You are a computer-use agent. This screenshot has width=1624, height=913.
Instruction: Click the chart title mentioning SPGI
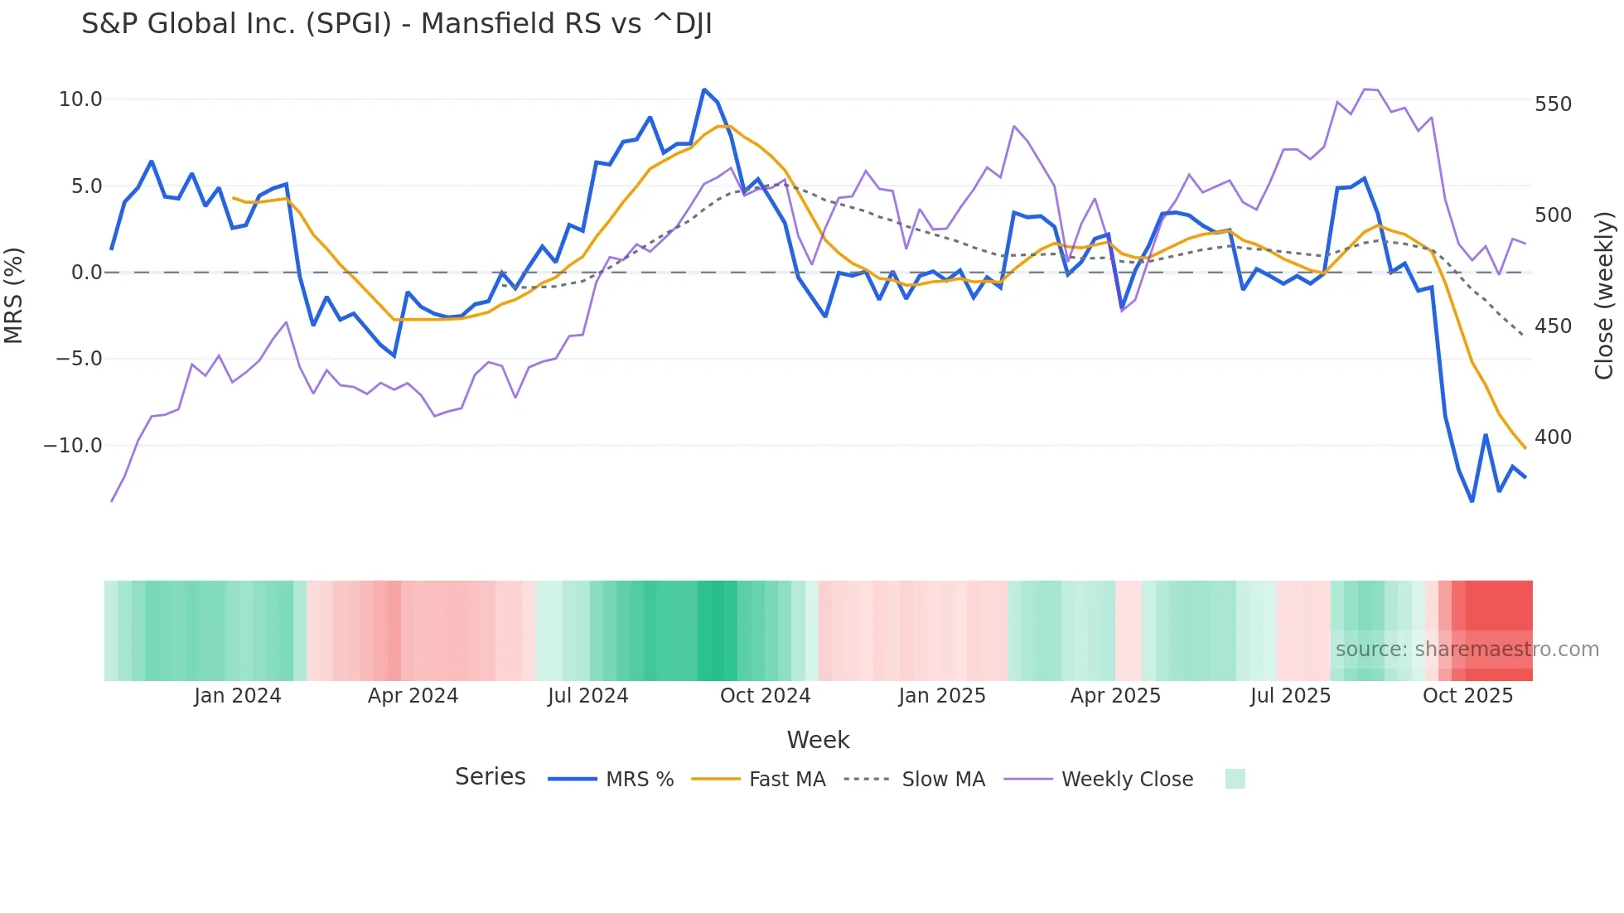396,24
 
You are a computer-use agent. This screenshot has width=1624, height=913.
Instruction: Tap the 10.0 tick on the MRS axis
80,99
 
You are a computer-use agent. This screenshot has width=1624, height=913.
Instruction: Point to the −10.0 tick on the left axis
73,446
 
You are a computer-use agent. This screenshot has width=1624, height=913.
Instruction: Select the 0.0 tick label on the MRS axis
86,273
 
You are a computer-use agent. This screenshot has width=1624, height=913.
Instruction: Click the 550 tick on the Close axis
1553,104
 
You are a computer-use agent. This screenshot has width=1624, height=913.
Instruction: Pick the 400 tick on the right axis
1553,437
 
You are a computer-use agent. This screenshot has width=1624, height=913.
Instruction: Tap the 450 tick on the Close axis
1553,326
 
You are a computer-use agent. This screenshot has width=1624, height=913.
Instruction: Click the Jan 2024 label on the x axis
237,696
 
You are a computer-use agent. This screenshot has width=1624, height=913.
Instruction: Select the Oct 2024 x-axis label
765,696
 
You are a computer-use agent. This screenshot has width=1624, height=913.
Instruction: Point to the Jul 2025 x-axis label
1290,696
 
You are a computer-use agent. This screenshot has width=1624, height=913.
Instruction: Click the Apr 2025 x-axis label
1115,696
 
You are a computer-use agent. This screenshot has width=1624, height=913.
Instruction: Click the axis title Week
818,740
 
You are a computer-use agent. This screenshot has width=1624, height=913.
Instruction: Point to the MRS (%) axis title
14,295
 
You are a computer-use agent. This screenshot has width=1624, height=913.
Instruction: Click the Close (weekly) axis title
1604,295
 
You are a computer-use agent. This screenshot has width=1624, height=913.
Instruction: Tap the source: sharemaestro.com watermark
1467,650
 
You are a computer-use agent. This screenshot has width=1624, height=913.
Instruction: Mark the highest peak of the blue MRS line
704,89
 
